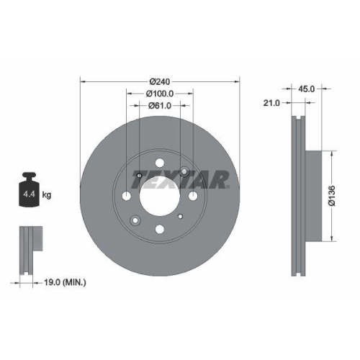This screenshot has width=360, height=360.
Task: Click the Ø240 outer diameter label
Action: click(159, 81)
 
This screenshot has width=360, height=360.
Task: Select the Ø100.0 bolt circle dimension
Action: click(159, 94)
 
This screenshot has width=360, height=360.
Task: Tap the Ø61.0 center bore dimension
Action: click(159, 106)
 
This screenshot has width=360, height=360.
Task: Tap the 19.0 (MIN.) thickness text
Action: click(65, 283)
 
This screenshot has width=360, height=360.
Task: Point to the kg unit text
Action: click(47, 194)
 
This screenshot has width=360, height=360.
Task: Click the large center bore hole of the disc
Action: click(159, 194)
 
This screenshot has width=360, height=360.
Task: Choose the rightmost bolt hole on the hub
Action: click(193, 196)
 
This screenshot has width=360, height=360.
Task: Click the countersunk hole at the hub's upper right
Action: click(185, 171)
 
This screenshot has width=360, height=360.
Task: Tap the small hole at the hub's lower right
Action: click(184, 220)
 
